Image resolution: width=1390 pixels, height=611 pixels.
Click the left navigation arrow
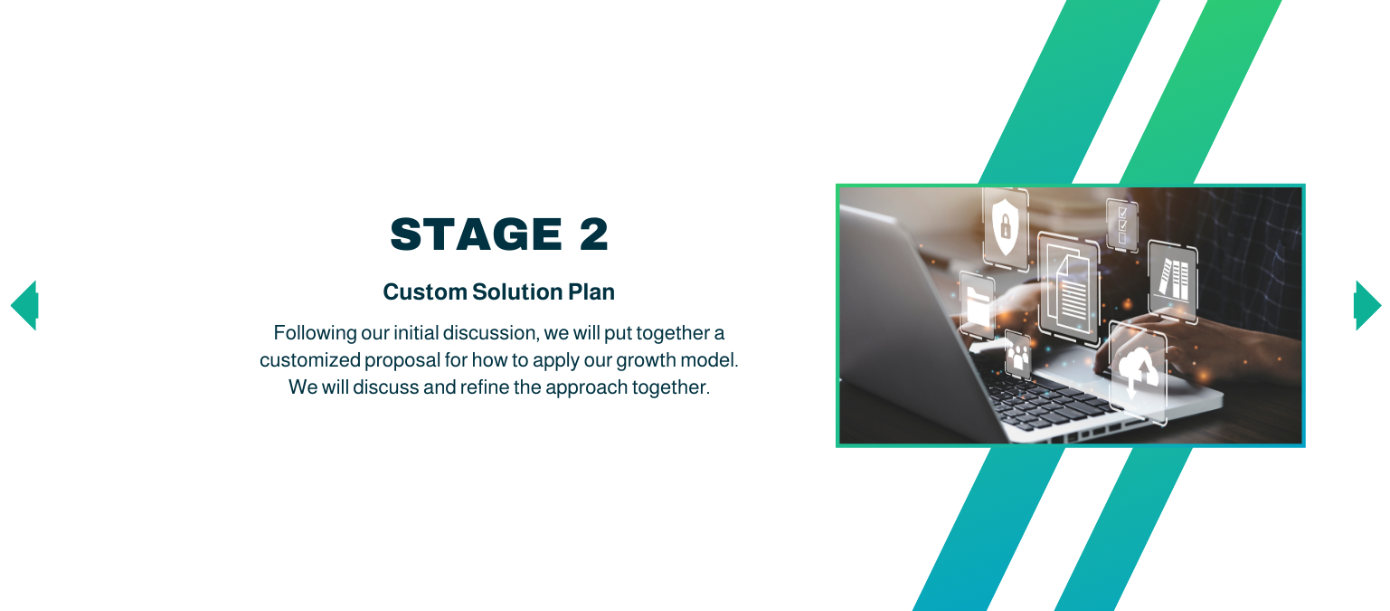click(x=24, y=305)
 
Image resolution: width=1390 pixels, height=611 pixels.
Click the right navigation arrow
click(x=1366, y=305)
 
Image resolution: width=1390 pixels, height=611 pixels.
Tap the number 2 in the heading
click(x=594, y=234)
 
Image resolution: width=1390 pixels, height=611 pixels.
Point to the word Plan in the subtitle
click(x=591, y=292)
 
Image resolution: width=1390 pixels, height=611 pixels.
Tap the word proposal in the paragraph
click(x=402, y=359)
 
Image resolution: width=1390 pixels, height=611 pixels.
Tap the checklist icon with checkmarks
click(x=1122, y=224)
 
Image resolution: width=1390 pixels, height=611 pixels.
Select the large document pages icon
click(x=1069, y=288)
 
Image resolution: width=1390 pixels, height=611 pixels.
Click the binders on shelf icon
click(x=1173, y=280)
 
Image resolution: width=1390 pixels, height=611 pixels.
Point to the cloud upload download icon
click(x=1138, y=371)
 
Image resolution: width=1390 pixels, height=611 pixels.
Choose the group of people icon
click(x=1018, y=356)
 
